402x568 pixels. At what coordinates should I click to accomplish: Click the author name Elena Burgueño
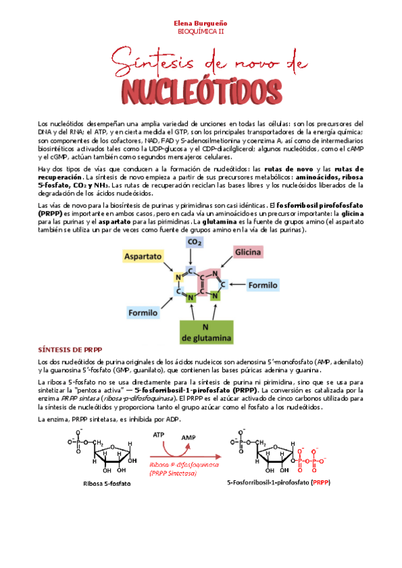click(201, 22)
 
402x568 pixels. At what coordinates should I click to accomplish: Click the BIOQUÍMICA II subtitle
click(201, 31)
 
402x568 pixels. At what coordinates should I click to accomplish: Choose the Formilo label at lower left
click(143, 313)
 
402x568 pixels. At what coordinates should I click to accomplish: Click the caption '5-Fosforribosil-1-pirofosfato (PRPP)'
click(279, 482)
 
